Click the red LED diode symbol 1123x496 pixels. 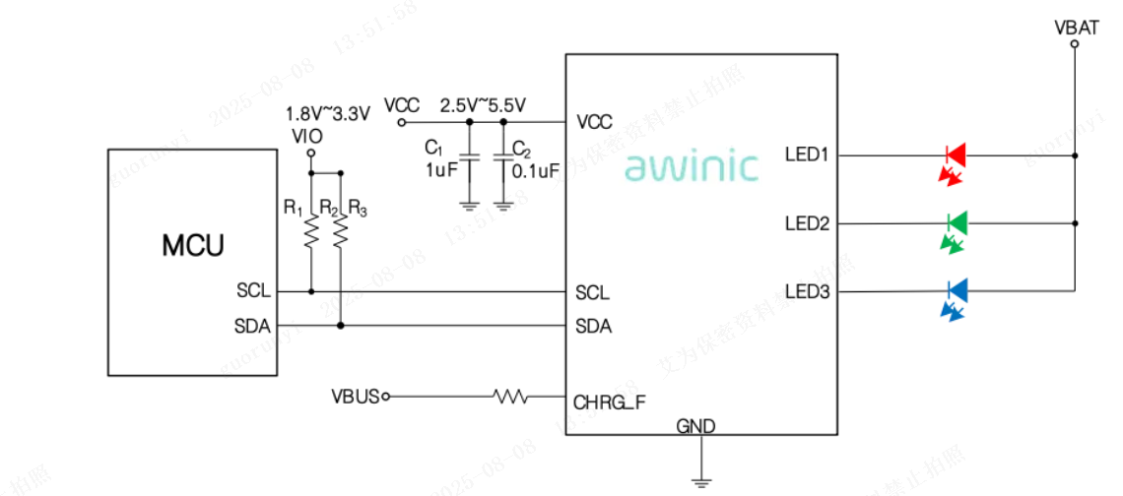pos(955,155)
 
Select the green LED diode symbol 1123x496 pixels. pos(955,223)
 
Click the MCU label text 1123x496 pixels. pos(193,246)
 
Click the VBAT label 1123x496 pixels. pos(1076,28)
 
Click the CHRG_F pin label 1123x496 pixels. pos(610,402)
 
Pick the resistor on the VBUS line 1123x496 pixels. pos(510,397)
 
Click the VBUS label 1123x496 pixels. pos(355,397)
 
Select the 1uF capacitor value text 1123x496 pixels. pos(440,169)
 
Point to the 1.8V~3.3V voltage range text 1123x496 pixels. pos(327,113)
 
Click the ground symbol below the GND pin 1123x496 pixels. pos(701,480)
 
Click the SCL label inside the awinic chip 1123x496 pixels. pos(592,293)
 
